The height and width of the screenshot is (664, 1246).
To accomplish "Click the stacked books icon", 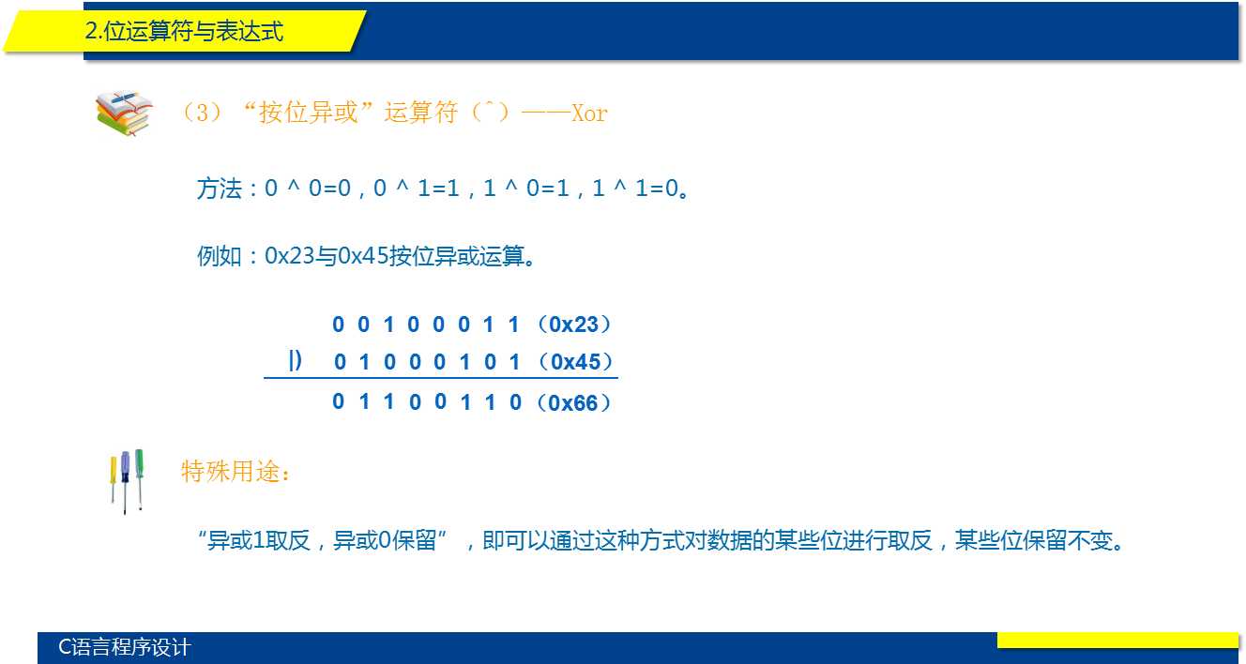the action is pos(124,113).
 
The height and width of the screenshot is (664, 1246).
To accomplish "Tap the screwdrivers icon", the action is pos(127,481).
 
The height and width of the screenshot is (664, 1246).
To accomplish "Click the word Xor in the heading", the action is pos(589,113).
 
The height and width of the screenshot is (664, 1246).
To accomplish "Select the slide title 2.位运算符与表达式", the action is pos(184,31).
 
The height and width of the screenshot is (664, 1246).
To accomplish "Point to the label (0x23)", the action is pos(574,324).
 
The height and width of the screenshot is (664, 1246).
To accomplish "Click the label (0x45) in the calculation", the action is pos(576,361).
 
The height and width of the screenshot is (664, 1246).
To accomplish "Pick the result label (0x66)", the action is pos(573,402).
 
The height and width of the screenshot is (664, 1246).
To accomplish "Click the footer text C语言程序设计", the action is pos(125,647).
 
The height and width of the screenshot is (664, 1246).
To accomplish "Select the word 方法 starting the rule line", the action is pos(220,189).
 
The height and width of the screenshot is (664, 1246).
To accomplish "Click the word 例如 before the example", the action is pos(220,256).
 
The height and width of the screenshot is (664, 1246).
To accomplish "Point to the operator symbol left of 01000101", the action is pos(295,360).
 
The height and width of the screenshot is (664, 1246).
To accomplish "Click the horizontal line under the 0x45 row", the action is pos(441,378).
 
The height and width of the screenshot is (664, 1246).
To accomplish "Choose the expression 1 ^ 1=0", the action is pos(635,189).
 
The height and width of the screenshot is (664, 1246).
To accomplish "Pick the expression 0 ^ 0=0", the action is pos(308,189).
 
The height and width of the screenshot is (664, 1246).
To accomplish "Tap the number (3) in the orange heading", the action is pos(202,113).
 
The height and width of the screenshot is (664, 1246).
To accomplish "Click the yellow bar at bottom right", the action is pos(1117,641).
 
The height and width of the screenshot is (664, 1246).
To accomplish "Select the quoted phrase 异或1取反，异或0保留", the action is pos(322,540).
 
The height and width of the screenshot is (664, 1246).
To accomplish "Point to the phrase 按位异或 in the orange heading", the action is pos(308,113).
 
